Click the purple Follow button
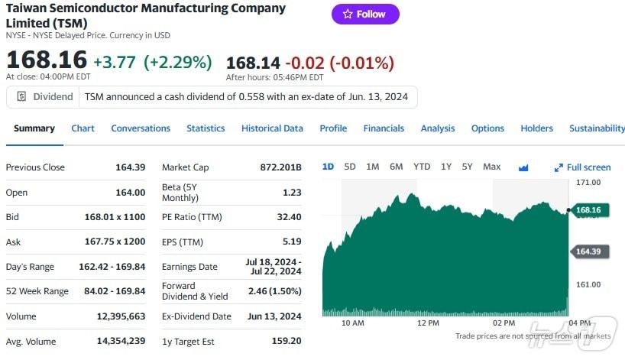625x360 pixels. pos(365,14)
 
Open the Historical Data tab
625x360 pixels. pos(272,128)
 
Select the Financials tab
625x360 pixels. pos(384,128)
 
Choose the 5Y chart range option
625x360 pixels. pos(467,167)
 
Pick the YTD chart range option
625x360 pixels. pos(422,167)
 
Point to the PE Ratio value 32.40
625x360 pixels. pos(290,217)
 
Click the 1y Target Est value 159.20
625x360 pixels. pos(287,341)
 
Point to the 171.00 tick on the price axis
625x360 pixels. pos(588,183)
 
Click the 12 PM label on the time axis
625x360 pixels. pos(429,323)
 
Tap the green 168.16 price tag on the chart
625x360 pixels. pos(588,210)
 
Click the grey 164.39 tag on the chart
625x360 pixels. pos(588,251)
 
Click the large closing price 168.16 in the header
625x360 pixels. pos(46,60)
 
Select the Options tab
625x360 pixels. pos(487,128)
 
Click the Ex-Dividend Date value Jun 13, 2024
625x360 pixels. pos(274,316)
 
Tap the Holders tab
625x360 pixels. pos(536,128)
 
